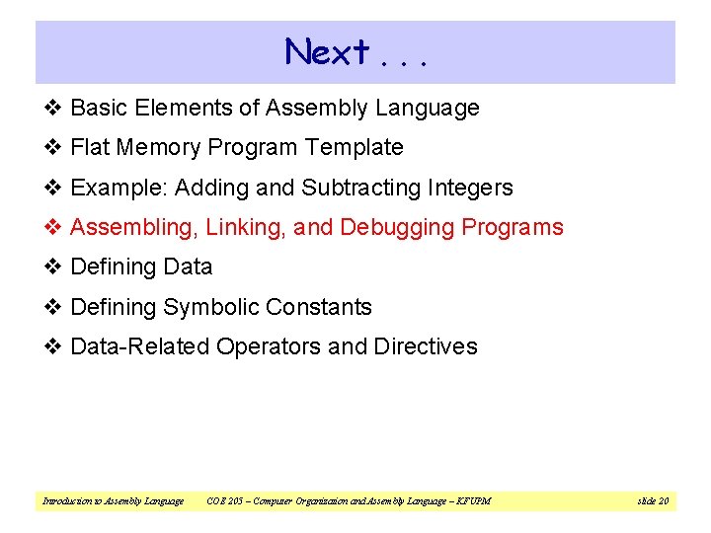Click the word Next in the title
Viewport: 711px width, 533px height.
point(327,51)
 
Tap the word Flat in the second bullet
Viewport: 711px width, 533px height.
point(90,148)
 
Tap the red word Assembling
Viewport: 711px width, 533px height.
point(134,228)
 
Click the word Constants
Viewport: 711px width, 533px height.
point(325,307)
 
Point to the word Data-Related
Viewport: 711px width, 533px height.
point(140,346)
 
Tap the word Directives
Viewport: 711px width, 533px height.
point(426,346)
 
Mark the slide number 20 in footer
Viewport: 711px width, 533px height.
point(663,501)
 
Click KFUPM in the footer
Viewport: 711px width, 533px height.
point(473,501)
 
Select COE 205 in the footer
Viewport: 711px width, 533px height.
point(225,501)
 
